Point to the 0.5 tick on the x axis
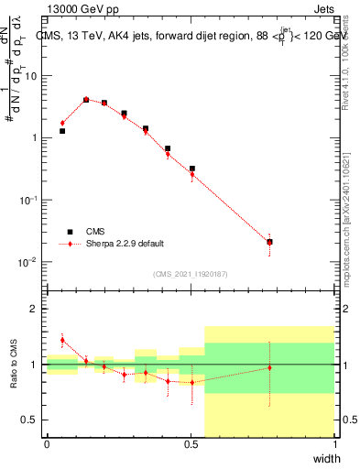(191, 444)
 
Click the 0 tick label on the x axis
(47, 444)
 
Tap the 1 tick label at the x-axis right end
(335, 444)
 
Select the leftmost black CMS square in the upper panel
(62, 131)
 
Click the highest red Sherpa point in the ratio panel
(62, 340)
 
